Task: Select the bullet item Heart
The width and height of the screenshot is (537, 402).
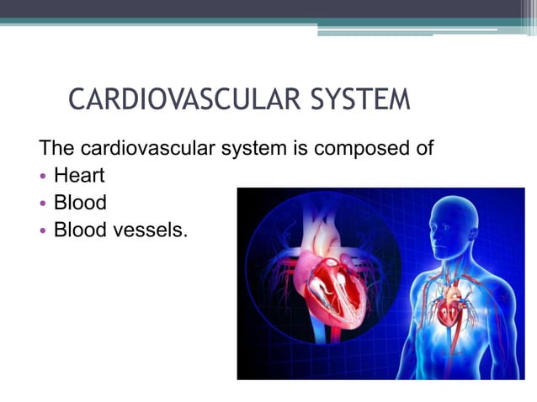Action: (79, 177)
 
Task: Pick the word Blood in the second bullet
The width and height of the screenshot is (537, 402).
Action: (79, 203)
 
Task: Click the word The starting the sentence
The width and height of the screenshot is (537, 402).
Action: (57, 150)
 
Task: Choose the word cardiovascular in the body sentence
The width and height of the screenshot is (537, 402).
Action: (147, 150)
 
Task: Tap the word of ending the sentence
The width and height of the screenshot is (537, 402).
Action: (423, 150)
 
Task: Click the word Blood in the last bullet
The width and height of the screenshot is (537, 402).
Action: (79, 229)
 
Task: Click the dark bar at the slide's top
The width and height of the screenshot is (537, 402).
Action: (268, 8)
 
